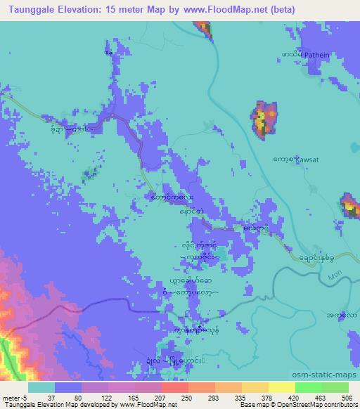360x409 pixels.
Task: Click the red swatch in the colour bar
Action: point(175,387)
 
